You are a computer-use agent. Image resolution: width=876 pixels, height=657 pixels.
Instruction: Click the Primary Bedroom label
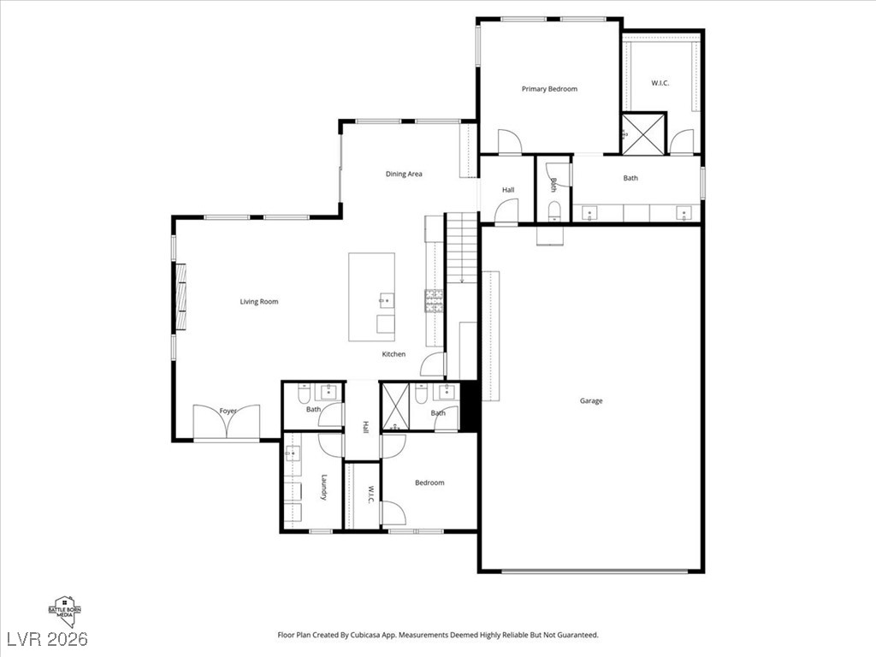click(549, 89)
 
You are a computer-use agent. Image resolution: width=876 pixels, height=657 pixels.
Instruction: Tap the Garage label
click(591, 400)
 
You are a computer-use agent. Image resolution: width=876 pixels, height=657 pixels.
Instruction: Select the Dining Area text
click(404, 175)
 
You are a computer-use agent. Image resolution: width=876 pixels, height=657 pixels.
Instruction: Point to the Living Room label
click(258, 301)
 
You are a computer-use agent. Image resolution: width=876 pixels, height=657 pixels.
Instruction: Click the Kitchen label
click(394, 354)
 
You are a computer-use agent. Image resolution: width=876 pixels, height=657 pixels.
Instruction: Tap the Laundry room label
click(324, 487)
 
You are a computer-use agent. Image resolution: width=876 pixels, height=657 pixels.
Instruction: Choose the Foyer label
click(228, 411)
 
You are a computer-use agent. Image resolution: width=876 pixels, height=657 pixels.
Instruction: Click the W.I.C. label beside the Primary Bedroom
click(660, 83)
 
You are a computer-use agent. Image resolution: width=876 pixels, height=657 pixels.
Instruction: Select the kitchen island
click(371, 297)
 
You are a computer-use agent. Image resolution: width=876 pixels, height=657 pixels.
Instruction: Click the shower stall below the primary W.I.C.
click(642, 133)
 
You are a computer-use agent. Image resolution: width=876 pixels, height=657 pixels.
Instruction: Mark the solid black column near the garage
click(468, 406)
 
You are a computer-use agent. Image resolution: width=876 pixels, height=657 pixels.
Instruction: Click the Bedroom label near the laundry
click(429, 482)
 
